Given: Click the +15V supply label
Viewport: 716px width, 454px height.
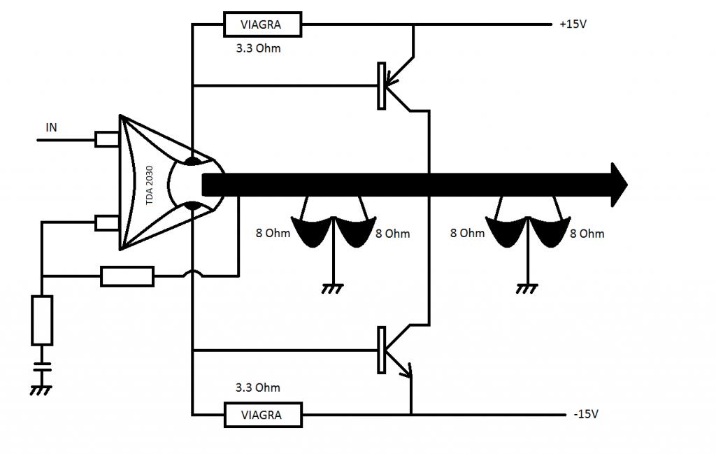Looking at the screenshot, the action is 573,24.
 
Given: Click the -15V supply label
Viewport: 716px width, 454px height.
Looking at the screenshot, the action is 586,414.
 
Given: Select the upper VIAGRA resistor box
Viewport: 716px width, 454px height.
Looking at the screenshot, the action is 263,24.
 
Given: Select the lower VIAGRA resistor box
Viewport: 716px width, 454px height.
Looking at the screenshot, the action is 263,415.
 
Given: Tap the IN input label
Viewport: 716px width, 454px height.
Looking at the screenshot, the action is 51,127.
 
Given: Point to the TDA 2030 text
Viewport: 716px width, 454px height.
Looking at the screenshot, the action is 150,185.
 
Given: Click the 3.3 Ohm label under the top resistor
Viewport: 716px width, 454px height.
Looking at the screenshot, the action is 258,48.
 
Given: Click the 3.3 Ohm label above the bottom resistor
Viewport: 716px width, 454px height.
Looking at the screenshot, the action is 257,388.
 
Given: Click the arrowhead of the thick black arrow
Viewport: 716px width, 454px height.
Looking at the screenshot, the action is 620,185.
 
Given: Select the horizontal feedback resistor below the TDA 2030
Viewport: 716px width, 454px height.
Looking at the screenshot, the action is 127,276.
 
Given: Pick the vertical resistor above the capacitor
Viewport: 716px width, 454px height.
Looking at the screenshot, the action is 42,320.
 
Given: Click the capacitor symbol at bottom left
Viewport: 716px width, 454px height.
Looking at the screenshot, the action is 42,367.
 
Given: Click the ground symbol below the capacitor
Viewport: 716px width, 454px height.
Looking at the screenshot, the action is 41,390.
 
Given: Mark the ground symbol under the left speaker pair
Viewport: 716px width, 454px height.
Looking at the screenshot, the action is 333,288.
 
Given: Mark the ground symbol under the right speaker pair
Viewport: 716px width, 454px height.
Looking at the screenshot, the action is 527,288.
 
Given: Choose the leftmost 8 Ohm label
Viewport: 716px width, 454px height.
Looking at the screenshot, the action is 273,234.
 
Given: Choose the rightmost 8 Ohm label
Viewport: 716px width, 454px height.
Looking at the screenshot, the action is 587,234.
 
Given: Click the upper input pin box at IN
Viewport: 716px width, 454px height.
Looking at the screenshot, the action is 107,139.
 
